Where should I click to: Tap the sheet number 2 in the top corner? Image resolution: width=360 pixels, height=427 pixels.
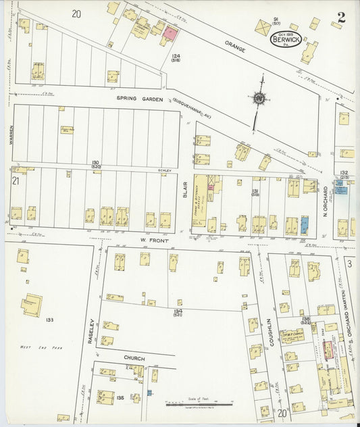(x=342, y=18)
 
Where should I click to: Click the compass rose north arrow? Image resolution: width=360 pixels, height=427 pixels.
(x=258, y=98)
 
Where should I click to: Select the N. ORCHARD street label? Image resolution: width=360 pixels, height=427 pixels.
(x=325, y=197)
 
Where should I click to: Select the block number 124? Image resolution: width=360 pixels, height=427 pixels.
(x=176, y=56)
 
